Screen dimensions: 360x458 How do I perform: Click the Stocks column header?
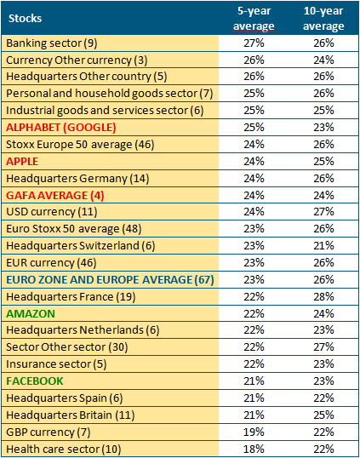(x=26, y=19)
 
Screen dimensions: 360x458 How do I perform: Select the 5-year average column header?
(x=254, y=19)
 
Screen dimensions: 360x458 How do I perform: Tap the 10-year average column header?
(x=323, y=19)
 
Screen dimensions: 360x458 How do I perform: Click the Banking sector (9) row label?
(x=52, y=43)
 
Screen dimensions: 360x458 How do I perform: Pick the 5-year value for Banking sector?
(x=254, y=43)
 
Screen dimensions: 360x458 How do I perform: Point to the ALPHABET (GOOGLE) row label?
(x=61, y=128)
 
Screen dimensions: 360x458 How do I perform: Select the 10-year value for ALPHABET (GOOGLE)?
(x=323, y=128)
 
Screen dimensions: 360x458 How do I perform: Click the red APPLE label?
(x=22, y=162)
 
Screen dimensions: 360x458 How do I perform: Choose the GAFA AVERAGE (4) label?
(x=55, y=196)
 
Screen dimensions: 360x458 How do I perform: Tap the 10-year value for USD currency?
(x=323, y=212)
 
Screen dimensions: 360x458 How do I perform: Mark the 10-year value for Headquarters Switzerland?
(x=323, y=246)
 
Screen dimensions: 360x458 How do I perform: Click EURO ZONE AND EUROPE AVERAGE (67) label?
(x=110, y=280)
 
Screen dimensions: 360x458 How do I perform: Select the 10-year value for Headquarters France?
(x=323, y=297)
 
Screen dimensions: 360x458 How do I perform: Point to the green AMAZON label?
(x=31, y=314)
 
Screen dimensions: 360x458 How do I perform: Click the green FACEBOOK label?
(x=35, y=381)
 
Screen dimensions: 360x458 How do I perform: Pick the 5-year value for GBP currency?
(x=254, y=432)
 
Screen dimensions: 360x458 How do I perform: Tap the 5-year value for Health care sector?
(x=254, y=449)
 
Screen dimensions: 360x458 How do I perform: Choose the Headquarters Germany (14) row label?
(x=77, y=179)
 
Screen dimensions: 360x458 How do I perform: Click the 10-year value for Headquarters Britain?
(x=323, y=415)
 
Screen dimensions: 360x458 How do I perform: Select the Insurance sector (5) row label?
(x=56, y=364)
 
